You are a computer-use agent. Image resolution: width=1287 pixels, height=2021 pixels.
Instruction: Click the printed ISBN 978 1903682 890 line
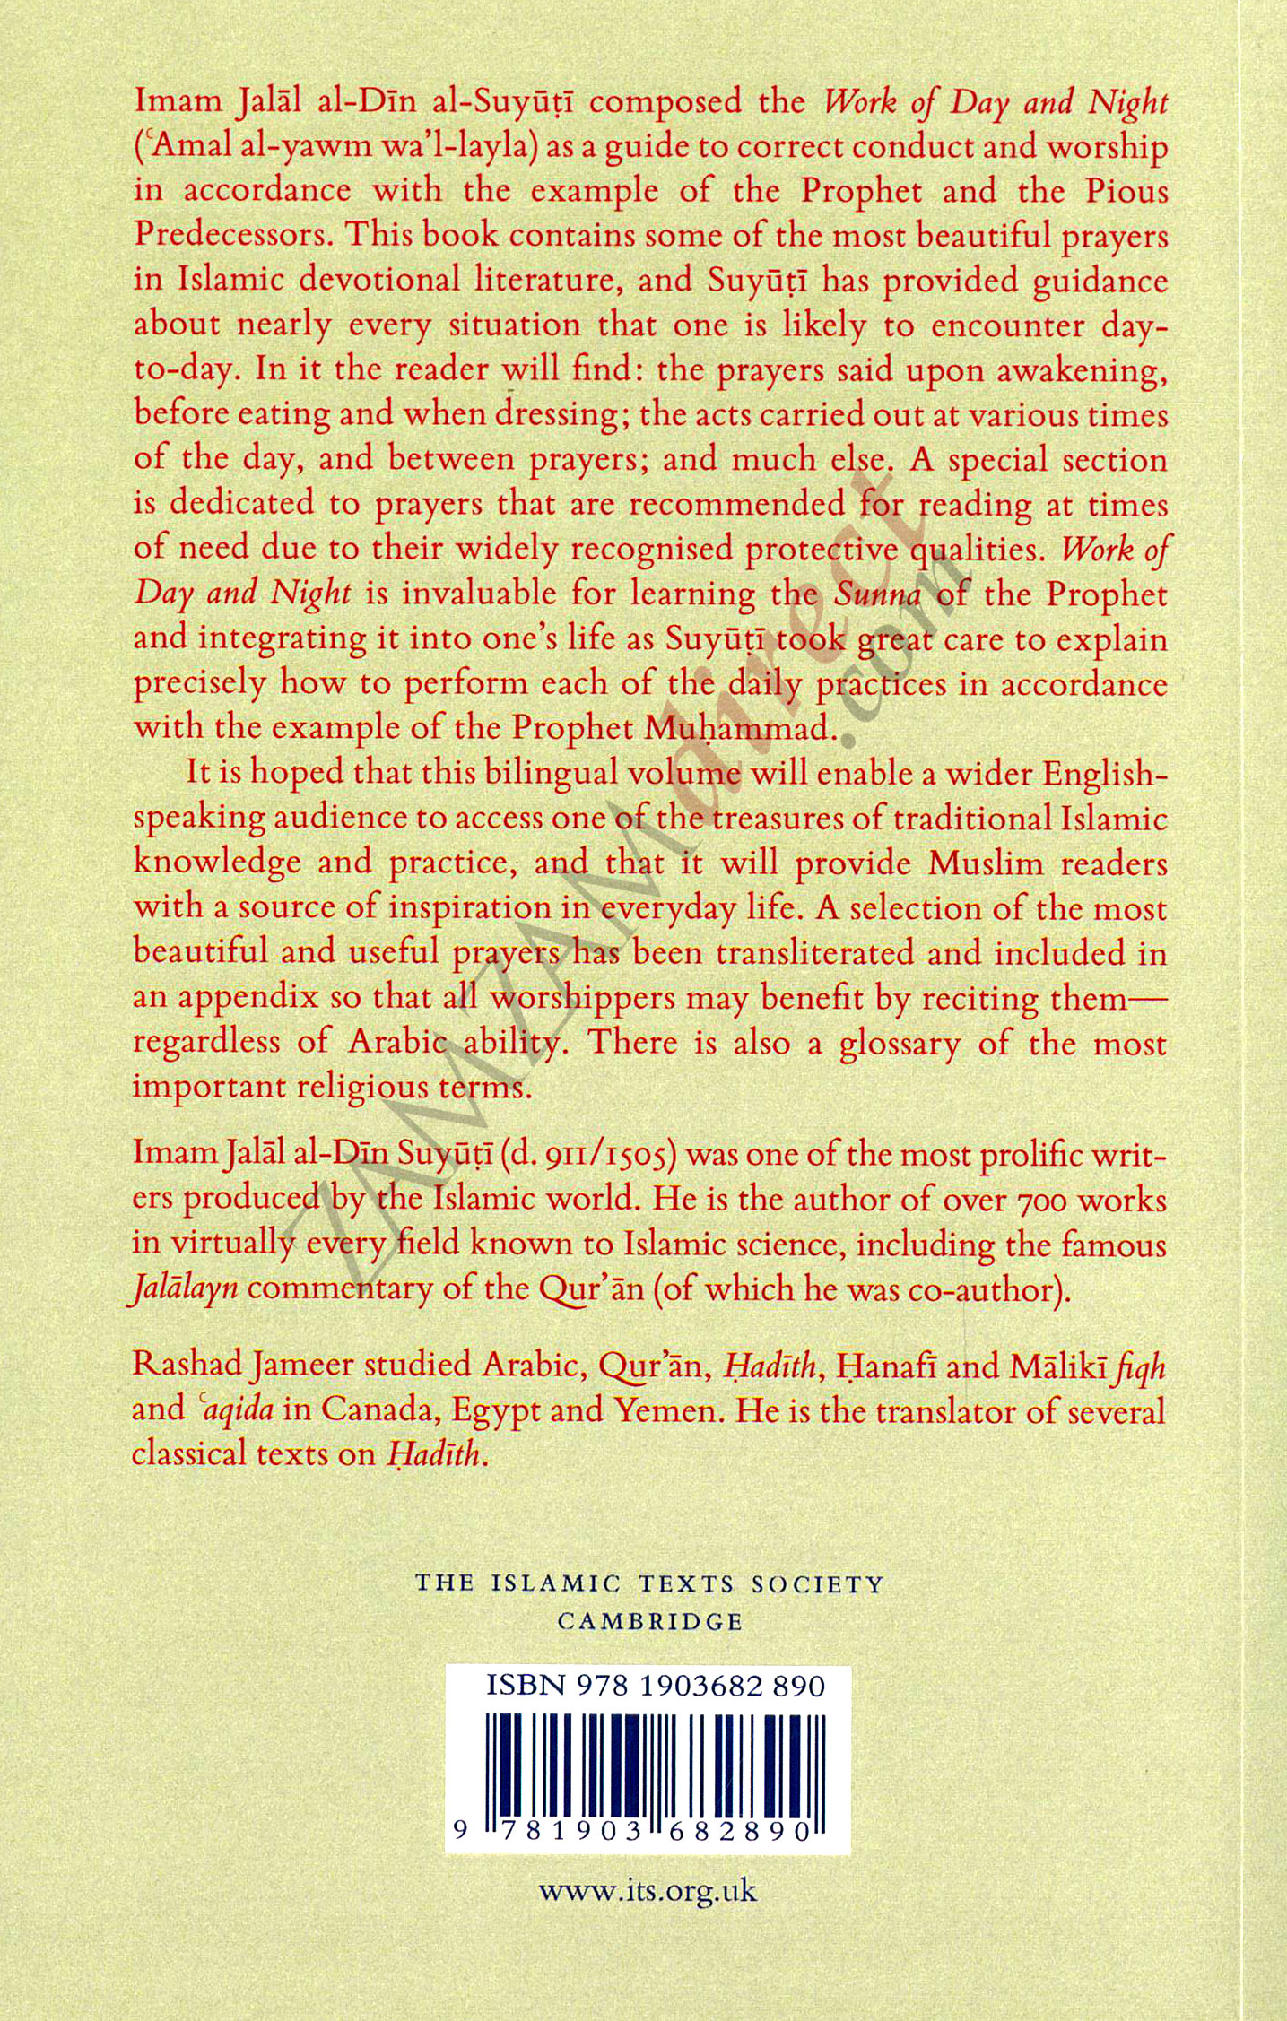[655, 1687]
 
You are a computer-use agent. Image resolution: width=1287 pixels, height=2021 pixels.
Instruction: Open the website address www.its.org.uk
[648, 1892]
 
